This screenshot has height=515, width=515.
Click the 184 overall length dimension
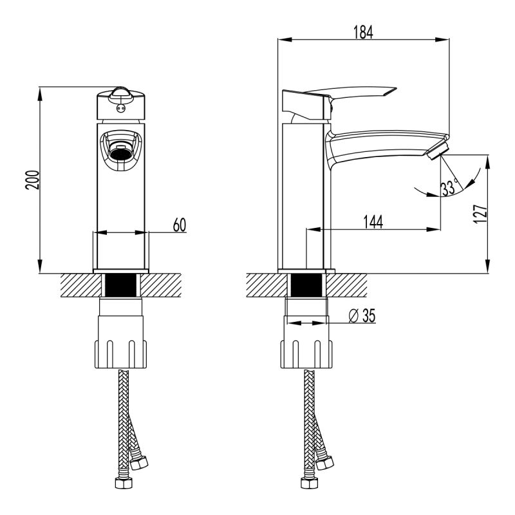[x=364, y=32]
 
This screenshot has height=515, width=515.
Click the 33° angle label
[x=449, y=187]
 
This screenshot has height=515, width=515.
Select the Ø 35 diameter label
[x=361, y=315]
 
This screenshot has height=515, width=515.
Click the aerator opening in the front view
[x=121, y=153]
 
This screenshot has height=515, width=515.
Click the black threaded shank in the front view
[x=122, y=285]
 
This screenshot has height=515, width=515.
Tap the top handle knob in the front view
[x=121, y=93]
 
